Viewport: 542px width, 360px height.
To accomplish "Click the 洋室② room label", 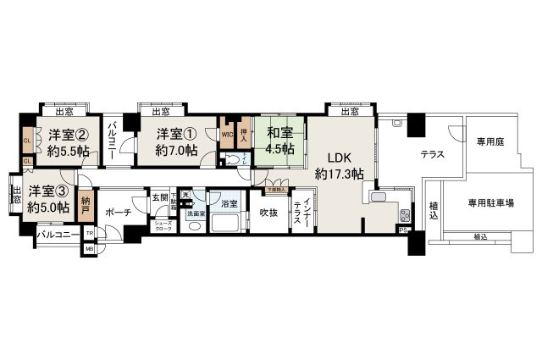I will (64, 134).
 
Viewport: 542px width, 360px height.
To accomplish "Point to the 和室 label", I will (280, 133).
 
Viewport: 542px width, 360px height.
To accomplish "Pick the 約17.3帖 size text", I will (340, 174).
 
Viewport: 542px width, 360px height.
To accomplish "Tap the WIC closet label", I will (227, 134).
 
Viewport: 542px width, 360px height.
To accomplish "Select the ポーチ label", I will (117, 212).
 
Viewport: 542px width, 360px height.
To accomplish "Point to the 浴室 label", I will (229, 203).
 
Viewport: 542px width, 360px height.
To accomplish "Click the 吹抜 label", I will (269, 212).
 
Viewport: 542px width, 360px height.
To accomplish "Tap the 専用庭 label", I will (489, 141).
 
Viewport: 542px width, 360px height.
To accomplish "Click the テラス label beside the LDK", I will (434, 153).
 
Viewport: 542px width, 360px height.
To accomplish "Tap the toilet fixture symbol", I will (231, 159).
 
